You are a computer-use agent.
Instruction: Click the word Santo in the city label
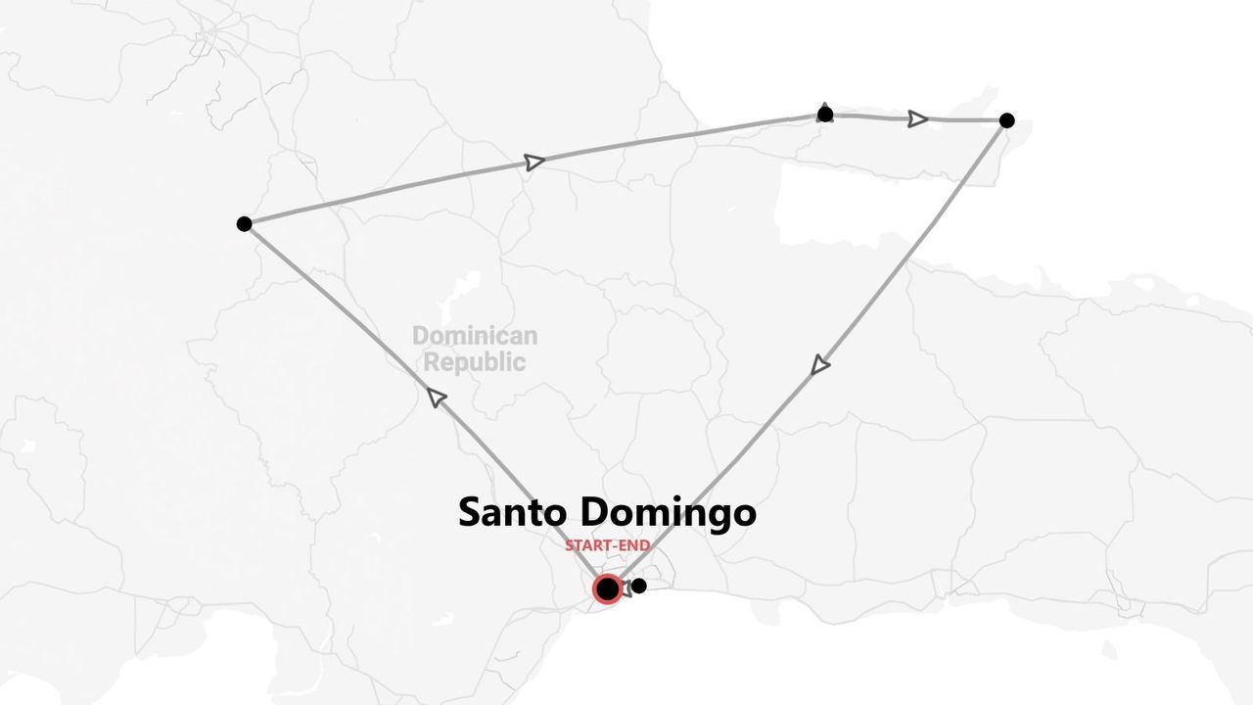[514, 512]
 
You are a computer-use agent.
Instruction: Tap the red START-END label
[608, 545]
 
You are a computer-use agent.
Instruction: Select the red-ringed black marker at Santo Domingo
[607, 588]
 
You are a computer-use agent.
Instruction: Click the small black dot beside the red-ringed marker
[639, 586]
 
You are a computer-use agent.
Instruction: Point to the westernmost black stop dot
[244, 223]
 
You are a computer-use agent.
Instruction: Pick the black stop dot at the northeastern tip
[1006, 120]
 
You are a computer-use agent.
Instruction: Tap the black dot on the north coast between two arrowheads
[825, 115]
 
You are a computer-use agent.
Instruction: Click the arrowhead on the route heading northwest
[437, 397]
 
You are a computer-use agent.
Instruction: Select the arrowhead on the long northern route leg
[534, 162]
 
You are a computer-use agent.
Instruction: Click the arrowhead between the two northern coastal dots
[917, 118]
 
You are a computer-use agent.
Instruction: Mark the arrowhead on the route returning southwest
[820, 366]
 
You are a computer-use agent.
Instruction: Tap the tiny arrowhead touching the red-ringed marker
[626, 591]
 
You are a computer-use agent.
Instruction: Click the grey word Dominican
[475, 336]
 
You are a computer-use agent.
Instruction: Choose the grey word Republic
[475, 362]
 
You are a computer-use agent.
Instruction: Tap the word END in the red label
[634, 545]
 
